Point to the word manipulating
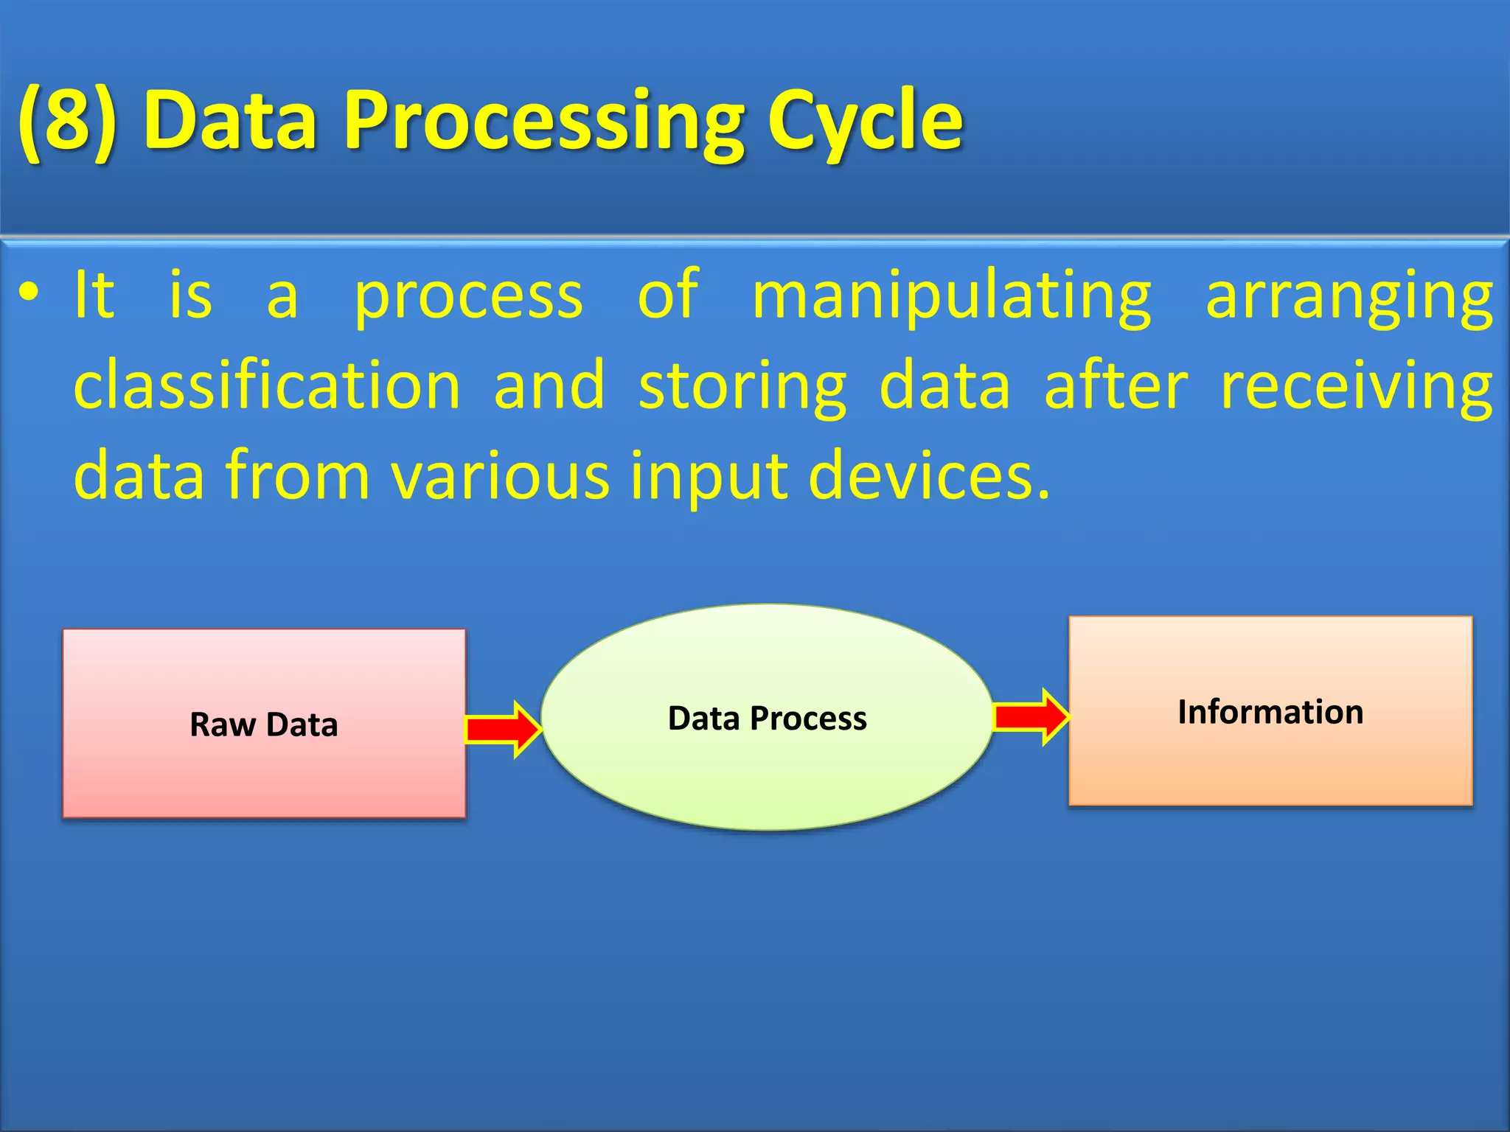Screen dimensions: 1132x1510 951,296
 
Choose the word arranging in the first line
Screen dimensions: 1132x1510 1349,296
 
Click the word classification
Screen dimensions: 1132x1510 267,386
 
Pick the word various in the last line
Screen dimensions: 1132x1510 500,476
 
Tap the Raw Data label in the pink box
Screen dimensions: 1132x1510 264,724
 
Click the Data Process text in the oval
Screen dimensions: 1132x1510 767,718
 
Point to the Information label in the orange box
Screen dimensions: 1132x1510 1270,712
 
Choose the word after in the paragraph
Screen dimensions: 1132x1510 1116,386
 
